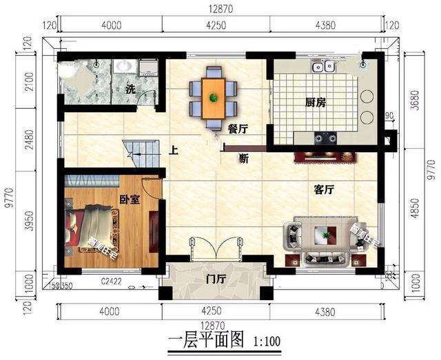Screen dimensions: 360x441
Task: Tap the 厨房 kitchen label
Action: (315, 103)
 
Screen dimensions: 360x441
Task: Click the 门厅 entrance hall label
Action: (216, 279)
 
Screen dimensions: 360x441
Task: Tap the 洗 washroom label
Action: (130, 89)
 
